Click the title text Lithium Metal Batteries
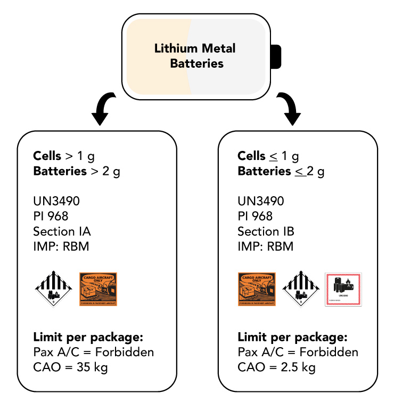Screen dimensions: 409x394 click(x=195, y=56)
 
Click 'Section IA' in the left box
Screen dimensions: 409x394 click(x=62, y=231)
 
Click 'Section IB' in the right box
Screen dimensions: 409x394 click(x=266, y=231)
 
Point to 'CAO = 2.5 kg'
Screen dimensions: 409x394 click(x=276, y=367)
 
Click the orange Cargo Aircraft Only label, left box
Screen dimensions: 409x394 click(x=98, y=289)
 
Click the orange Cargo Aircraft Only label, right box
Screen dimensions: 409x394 click(x=257, y=289)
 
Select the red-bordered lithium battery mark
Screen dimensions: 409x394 click(x=343, y=289)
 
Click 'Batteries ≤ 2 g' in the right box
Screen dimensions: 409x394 click(x=281, y=171)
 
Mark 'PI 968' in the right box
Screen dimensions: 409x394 click(x=255, y=216)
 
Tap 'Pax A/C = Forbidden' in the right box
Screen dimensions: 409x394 click(x=298, y=352)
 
